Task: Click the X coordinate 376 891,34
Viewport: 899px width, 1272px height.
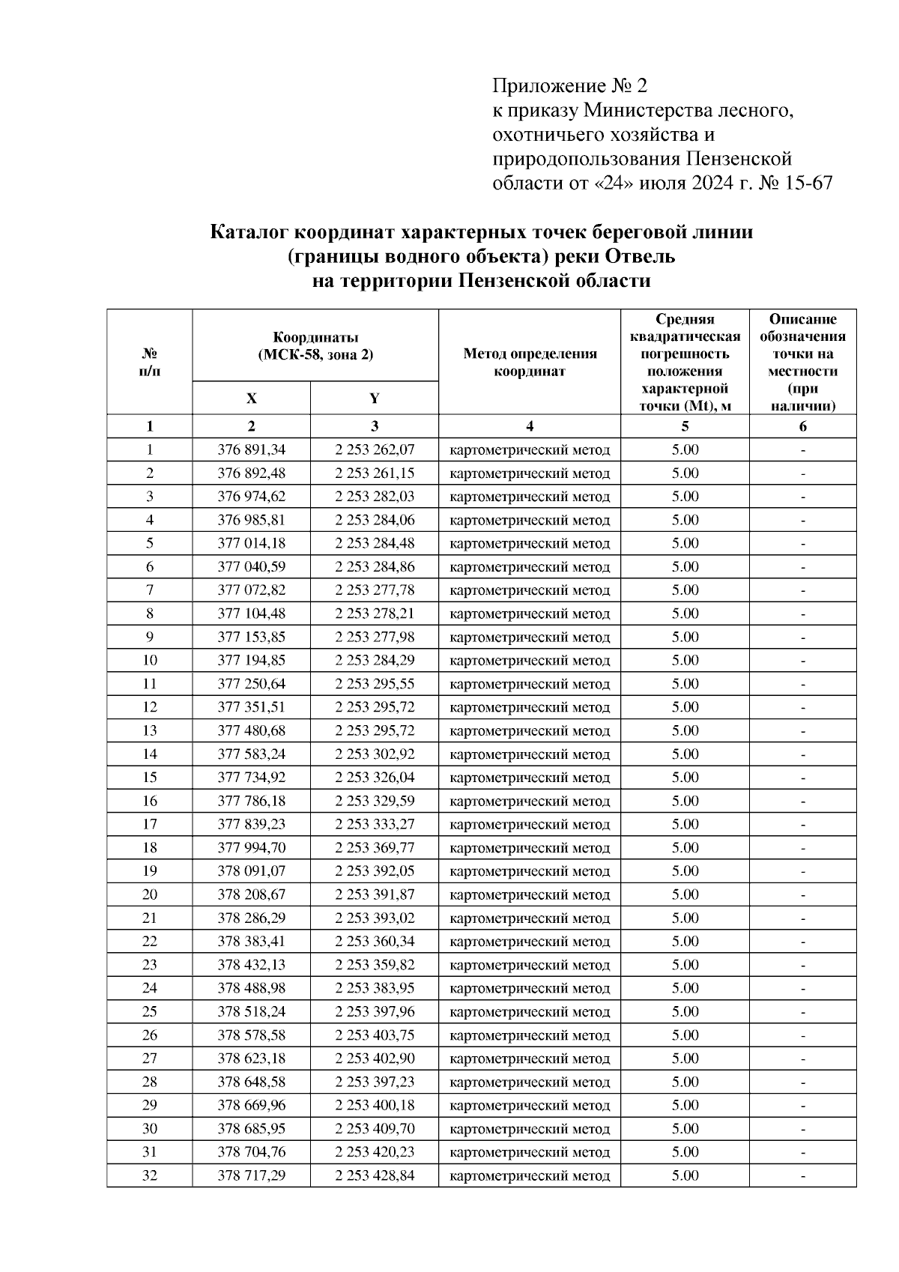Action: pos(251,450)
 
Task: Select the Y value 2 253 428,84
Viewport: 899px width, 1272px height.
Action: pos(375,1176)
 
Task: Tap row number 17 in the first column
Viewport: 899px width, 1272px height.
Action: pos(150,824)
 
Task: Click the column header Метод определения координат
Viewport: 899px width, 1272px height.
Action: pos(530,362)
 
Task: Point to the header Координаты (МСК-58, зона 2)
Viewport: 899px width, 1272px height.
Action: pos(315,346)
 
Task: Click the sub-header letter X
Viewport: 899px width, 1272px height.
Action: pos(251,399)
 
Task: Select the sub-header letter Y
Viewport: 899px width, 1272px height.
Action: pos(374,399)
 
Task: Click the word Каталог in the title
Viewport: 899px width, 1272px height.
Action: pos(248,232)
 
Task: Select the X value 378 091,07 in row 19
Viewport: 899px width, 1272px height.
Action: pos(251,871)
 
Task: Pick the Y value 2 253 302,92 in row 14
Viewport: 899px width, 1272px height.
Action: pos(375,754)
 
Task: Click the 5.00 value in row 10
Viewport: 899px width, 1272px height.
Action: pos(685,661)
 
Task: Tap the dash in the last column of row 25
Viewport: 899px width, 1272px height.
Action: pos(802,1012)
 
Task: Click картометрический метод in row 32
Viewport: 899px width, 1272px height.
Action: pos(530,1176)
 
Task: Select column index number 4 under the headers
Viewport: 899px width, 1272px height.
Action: pos(530,427)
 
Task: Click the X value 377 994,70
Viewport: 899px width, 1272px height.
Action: pos(251,848)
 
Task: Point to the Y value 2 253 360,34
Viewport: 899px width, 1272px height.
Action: pos(375,942)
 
